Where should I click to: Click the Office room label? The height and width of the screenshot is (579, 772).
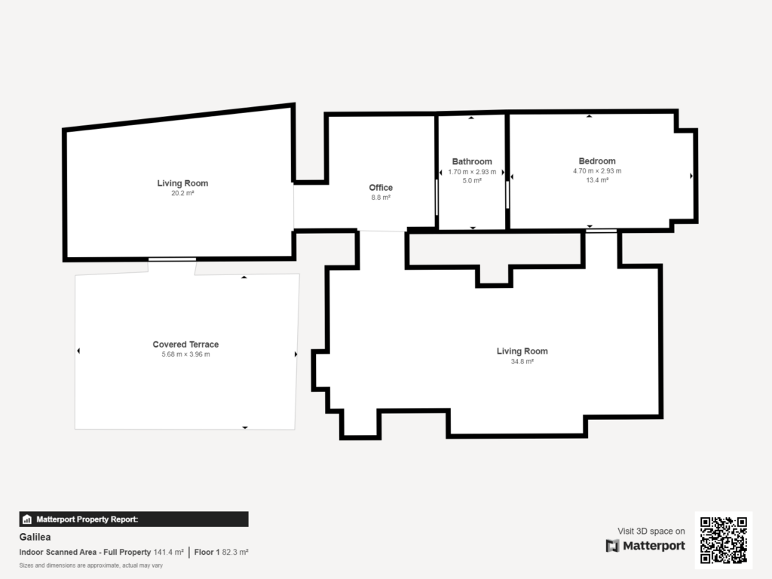point(381,188)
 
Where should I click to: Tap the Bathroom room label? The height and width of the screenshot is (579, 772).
point(472,161)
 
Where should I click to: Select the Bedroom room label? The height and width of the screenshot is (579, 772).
point(597,161)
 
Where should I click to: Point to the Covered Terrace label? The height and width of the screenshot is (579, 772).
point(185,344)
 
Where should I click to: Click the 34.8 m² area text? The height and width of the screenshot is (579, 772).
point(522,361)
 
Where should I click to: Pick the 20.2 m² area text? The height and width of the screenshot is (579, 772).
point(182,193)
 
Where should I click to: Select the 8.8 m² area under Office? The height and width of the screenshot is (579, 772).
point(381,198)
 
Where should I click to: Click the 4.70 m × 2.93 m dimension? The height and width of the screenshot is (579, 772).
point(597,171)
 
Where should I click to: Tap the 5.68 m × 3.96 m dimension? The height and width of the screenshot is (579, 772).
point(185,354)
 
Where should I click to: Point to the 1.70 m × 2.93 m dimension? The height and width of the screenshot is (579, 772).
point(472,172)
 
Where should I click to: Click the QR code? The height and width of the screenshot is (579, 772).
point(723,540)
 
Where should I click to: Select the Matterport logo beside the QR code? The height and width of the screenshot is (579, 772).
point(645,546)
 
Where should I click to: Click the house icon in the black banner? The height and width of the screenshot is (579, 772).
point(27,519)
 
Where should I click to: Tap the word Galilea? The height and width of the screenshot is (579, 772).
point(35,537)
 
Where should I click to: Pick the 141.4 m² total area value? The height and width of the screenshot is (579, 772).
point(168,553)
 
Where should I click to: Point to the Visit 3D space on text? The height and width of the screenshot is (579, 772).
point(651,532)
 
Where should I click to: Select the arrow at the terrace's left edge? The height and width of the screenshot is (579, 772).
point(78,351)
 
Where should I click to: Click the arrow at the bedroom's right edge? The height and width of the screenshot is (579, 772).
point(691,176)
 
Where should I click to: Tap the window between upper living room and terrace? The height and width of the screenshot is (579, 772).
point(173,259)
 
